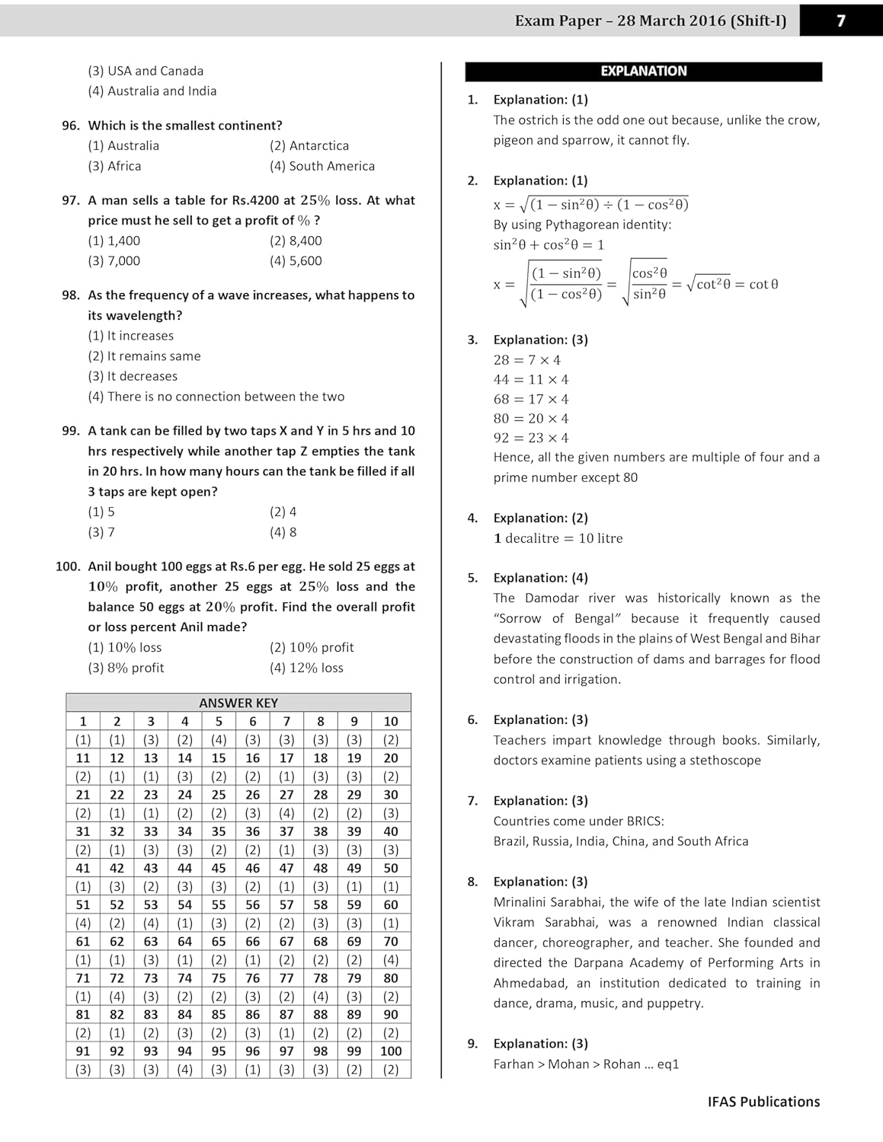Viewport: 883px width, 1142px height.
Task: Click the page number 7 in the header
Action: [x=840, y=21]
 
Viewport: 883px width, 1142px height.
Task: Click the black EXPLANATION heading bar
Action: [x=643, y=72]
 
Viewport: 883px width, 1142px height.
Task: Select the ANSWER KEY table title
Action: [x=238, y=703]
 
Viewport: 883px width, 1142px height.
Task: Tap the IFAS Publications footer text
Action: [x=763, y=1102]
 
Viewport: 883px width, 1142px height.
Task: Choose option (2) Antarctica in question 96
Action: [x=309, y=145]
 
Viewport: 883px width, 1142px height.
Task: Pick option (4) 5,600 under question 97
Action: [x=296, y=260]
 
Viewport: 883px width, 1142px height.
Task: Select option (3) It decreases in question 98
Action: [x=133, y=376]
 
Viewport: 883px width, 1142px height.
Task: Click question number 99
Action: [x=71, y=431]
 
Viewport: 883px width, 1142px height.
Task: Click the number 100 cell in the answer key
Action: [x=391, y=1051]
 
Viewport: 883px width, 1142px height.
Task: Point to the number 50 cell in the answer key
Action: [x=391, y=868]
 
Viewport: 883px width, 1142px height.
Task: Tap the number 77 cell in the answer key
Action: [x=286, y=978]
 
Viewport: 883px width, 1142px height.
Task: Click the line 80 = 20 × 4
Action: [x=531, y=419]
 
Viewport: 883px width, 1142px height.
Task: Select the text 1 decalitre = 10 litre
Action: [x=558, y=538]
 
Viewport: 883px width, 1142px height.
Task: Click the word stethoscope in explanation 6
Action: [x=725, y=761]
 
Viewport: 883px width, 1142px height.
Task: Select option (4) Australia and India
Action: [x=152, y=91]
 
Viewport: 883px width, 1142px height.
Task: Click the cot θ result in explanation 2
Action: [x=763, y=284]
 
